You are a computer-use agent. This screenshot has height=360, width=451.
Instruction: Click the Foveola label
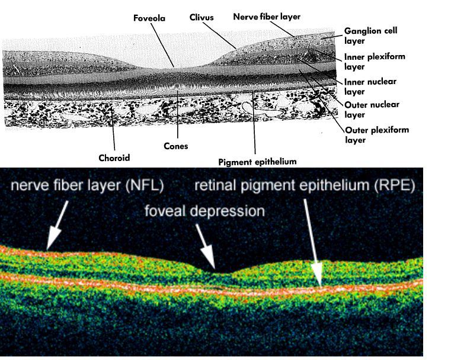(x=149, y=18)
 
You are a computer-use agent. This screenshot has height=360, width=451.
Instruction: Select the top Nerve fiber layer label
(x=266, y=17)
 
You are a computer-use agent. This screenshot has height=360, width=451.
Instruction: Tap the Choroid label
(x=114, y=158)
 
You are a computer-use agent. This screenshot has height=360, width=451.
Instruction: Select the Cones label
(x=175, y=146)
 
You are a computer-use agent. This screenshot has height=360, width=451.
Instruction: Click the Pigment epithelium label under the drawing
(x=257, y=161)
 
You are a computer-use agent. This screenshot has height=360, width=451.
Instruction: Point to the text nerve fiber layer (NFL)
(x=87, y=185)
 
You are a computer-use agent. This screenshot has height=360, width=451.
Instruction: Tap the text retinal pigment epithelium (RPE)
(x=305, y=185)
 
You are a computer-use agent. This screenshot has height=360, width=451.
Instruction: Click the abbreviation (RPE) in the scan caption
(x=394, y=185)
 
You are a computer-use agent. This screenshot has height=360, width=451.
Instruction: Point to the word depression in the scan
(x=233, y=211)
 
